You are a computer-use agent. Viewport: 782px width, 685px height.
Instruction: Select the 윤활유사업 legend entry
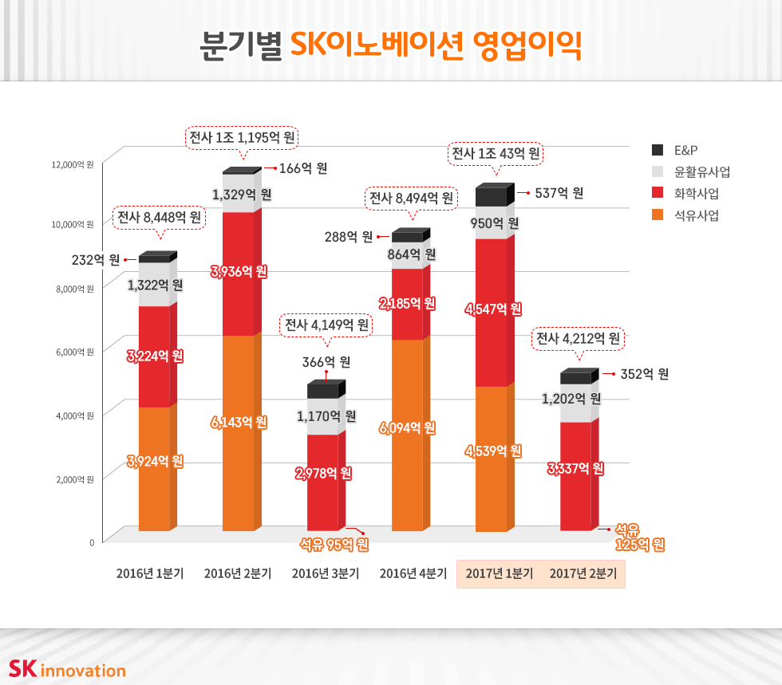pos(693,171)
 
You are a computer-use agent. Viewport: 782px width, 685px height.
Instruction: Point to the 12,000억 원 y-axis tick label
pos(73,165)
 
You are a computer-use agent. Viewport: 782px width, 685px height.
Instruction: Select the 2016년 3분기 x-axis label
pos(325,573)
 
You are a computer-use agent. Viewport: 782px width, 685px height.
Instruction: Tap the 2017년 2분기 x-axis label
pos(583,573)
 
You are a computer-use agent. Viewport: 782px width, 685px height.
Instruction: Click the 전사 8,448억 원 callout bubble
pos(159,217)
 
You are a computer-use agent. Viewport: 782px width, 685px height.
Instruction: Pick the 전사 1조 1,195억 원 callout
pos(242,137)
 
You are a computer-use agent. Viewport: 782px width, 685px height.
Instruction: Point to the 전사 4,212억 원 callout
pos(578,339)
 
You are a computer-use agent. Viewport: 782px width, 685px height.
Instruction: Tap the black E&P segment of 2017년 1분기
pos(491,198)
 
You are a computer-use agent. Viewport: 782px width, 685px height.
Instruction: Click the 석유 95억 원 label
pos(334,545)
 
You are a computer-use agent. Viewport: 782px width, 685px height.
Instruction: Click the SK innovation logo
pos(67,669)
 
